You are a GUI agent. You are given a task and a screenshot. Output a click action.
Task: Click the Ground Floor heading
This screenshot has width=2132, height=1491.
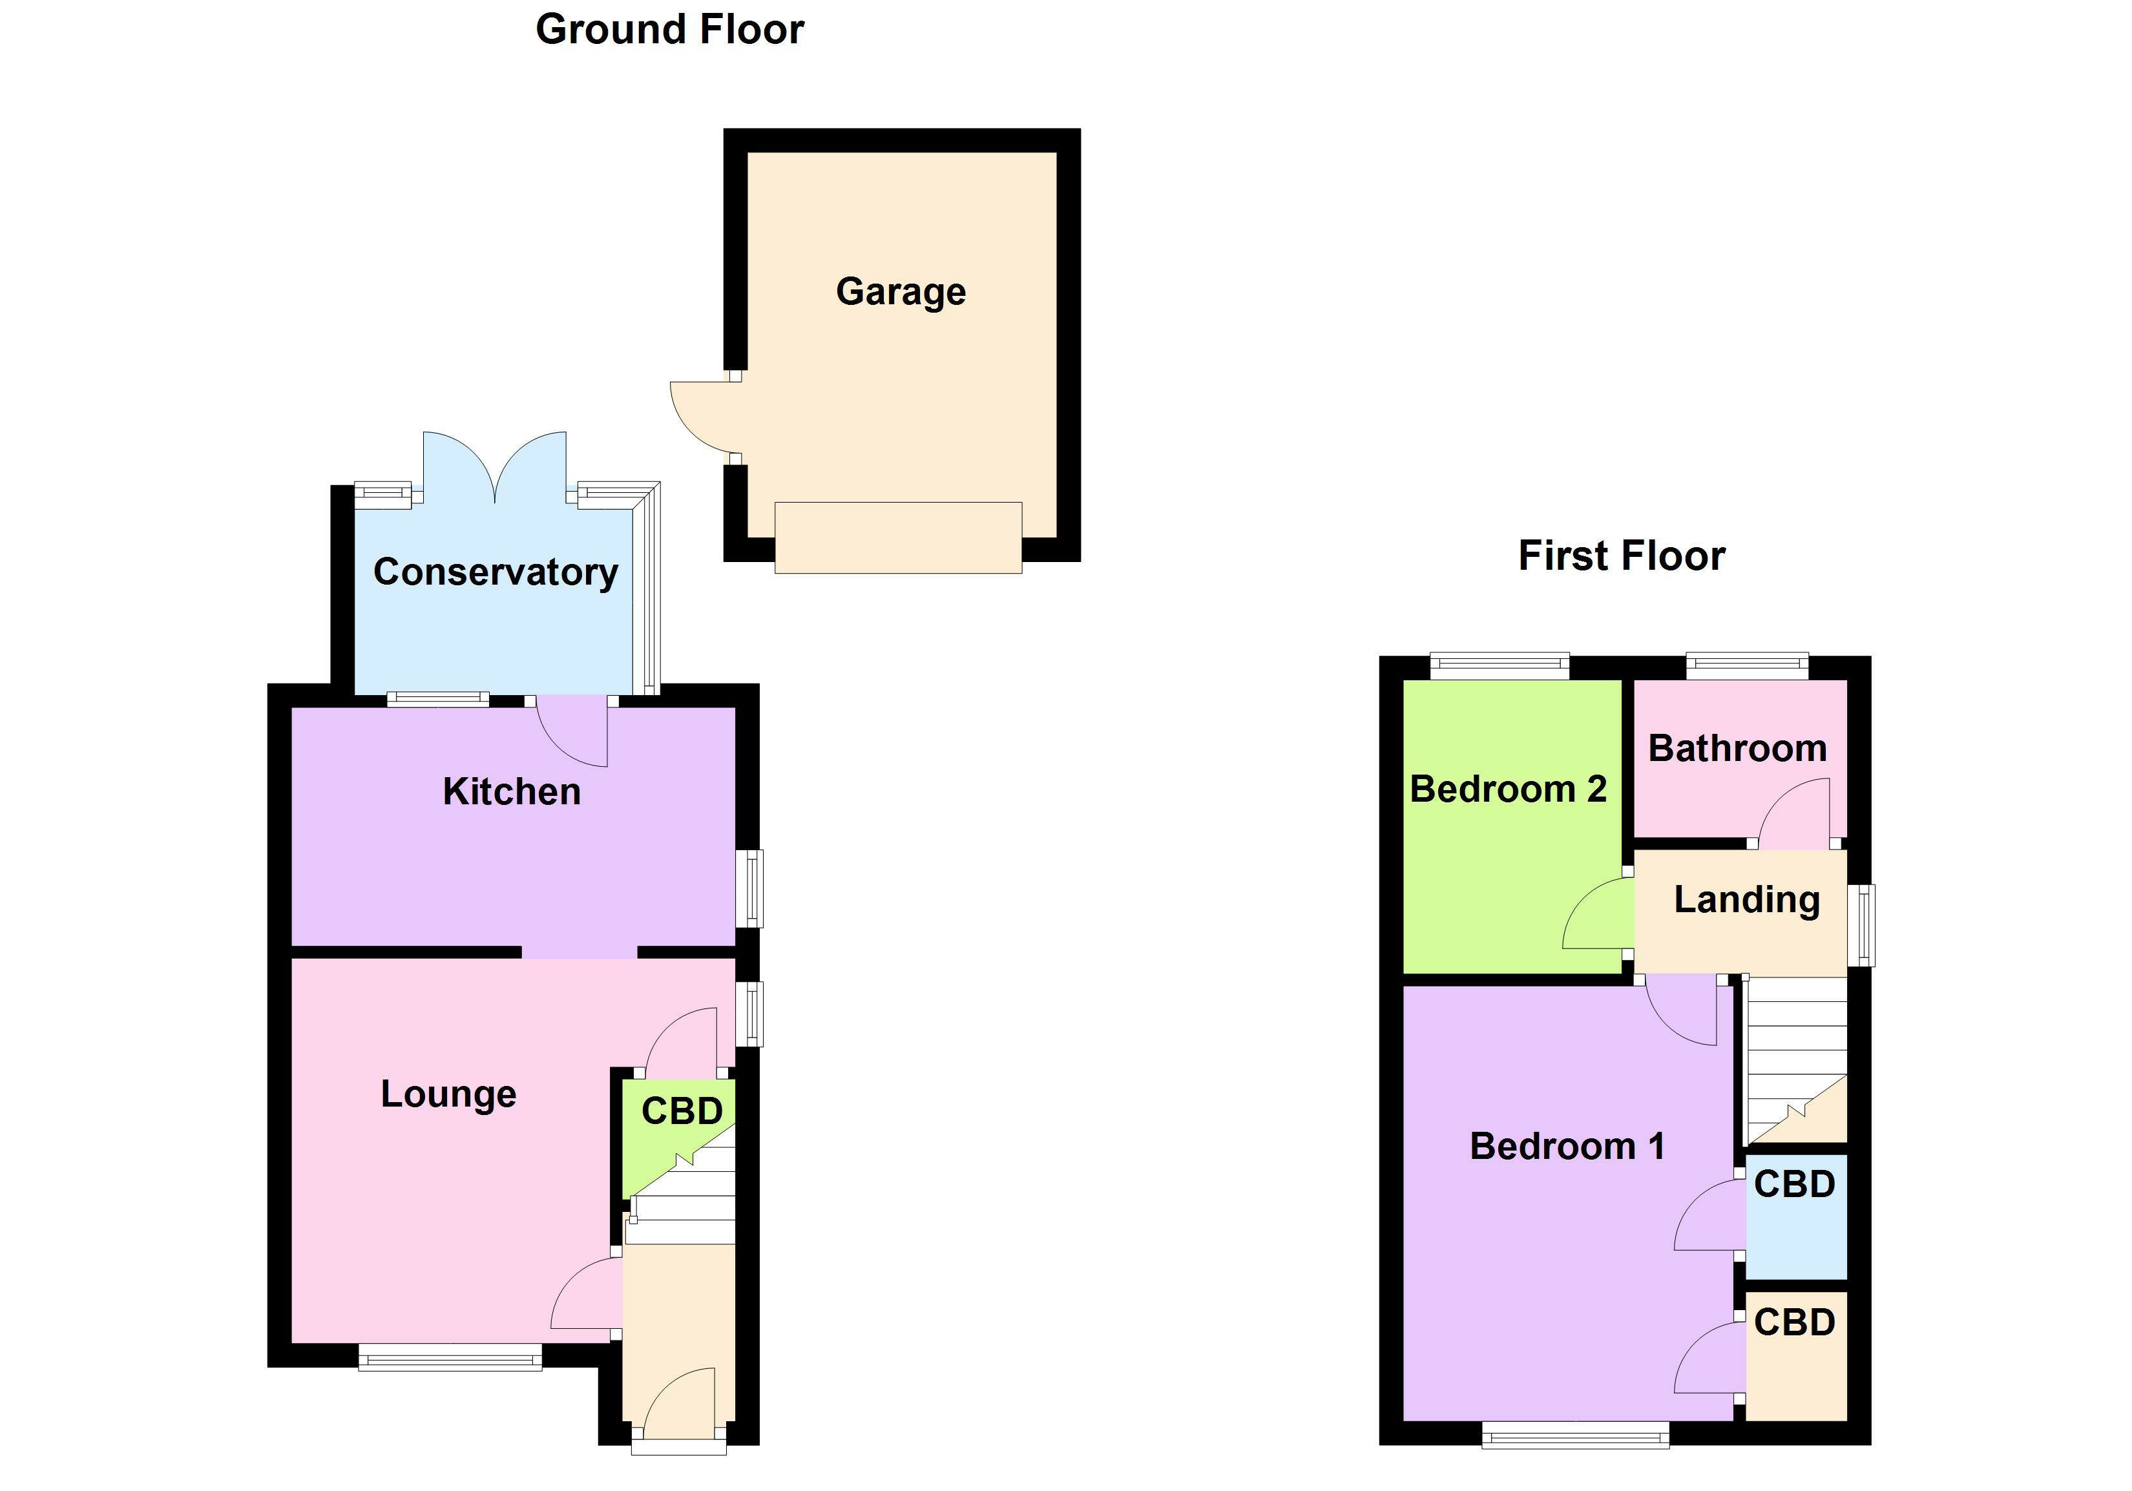coord(669,30)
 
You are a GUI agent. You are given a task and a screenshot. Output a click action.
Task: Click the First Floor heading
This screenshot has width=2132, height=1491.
coord(1621,556)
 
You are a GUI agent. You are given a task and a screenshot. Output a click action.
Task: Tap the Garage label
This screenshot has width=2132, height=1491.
coord(901,291)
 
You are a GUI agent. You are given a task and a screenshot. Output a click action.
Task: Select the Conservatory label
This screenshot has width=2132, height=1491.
coord(496,572)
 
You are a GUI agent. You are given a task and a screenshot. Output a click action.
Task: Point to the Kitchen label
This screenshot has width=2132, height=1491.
coord(512,792)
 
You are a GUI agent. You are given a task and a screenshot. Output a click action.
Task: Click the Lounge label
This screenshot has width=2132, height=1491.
coord(448,1094)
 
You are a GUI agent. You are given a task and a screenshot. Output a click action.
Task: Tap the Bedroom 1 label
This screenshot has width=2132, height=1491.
coord(1567,1147)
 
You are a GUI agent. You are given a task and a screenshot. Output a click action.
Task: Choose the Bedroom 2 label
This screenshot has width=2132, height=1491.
coord(1508,789)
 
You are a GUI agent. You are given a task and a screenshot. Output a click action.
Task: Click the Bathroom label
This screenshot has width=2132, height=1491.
coord(1737,748)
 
